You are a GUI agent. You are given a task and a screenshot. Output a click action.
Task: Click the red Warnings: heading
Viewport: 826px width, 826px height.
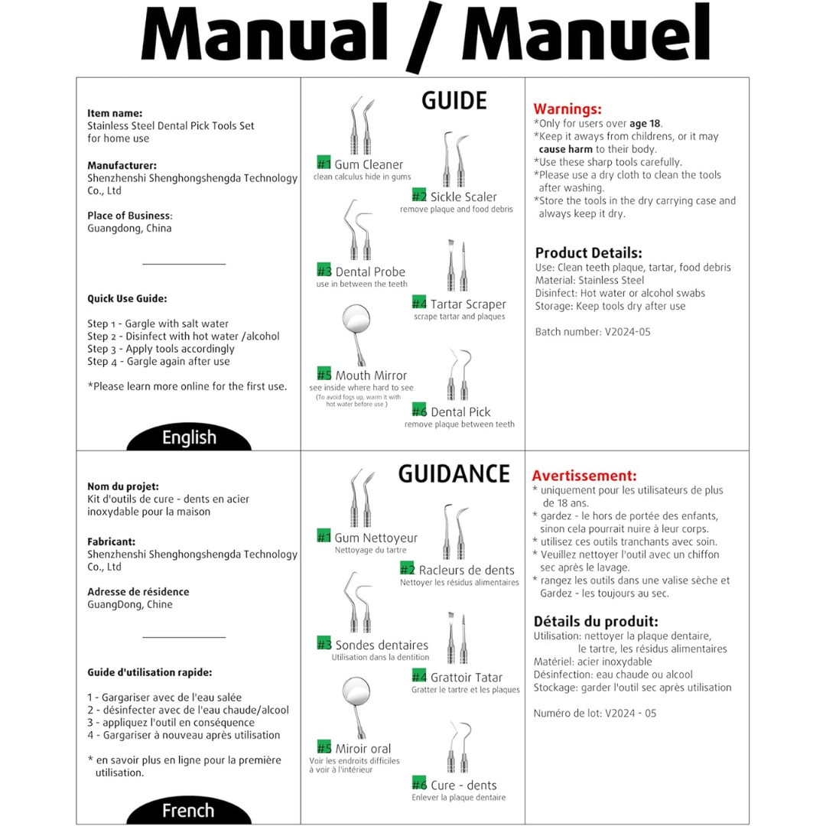coord(567,109)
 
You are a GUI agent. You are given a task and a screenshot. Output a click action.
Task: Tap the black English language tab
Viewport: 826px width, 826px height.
coord(189,437)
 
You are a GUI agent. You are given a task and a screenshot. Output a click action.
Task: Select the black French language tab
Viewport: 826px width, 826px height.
coord(189,810)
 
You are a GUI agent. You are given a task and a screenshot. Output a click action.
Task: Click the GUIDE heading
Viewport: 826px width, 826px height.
coord(454,101)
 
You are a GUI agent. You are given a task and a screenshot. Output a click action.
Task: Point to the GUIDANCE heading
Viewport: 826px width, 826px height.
coord(454,473)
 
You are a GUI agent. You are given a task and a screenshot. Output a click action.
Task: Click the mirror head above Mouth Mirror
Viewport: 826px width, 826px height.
coord(356,319)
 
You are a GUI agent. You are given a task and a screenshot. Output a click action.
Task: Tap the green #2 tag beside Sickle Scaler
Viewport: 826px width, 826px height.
coord(419,196)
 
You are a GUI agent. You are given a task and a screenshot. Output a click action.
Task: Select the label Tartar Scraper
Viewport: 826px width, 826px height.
coord(468,304)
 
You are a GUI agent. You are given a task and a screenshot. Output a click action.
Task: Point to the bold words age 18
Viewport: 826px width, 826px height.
coord(645,124)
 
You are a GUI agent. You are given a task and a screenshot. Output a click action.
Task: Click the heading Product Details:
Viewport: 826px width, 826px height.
coord(588,252)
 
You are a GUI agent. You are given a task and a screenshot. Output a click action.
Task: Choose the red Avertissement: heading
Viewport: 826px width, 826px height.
coord(584,476)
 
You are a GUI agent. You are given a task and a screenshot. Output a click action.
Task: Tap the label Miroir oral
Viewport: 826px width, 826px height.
coord(363,749)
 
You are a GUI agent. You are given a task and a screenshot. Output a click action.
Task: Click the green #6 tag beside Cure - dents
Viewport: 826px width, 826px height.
coord(419,783)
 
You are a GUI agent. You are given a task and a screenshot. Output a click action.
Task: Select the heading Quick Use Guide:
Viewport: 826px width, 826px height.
coord(127,299)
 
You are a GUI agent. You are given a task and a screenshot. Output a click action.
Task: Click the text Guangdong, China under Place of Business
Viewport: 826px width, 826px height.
coord(129,228)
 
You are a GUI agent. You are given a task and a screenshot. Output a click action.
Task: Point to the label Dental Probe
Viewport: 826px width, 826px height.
coord(370,272)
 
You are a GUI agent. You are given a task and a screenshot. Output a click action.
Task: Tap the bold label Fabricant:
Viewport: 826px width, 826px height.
coord(111,541)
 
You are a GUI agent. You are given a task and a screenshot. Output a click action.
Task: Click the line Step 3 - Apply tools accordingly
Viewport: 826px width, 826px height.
coord(161,349)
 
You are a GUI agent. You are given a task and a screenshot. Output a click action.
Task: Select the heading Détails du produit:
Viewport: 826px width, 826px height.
coord(596,621)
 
